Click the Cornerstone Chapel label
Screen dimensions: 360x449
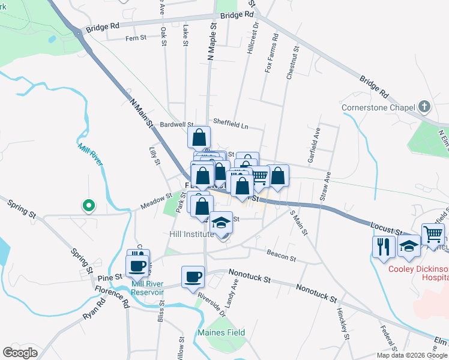(379, 108)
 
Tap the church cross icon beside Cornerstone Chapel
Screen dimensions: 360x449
(424, 107)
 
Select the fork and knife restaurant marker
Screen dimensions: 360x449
(382, 245)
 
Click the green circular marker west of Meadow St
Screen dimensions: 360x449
(89, 206)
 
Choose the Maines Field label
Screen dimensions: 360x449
(221, 332)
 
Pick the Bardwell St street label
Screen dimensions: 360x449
(176, 125)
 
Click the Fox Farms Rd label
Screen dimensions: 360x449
(271, 55)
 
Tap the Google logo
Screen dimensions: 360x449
(20, 353)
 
